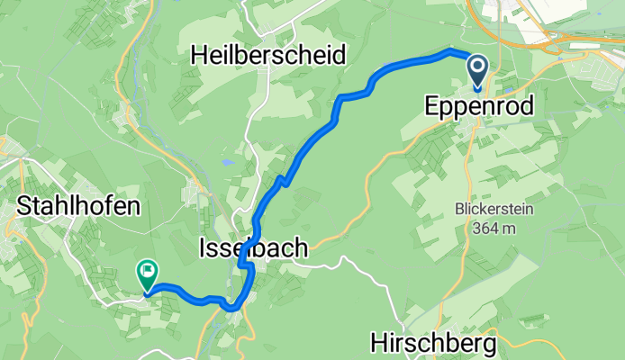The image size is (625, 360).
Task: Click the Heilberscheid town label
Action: [268, 55]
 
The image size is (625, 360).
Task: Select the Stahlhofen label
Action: [79, 206]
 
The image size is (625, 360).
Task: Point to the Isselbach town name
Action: [253, 247]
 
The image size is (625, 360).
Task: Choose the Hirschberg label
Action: [434, 343]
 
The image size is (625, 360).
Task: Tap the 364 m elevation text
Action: [494, 229]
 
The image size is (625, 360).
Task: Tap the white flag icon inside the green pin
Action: [146, 268]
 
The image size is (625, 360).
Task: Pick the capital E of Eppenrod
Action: [431, 107]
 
